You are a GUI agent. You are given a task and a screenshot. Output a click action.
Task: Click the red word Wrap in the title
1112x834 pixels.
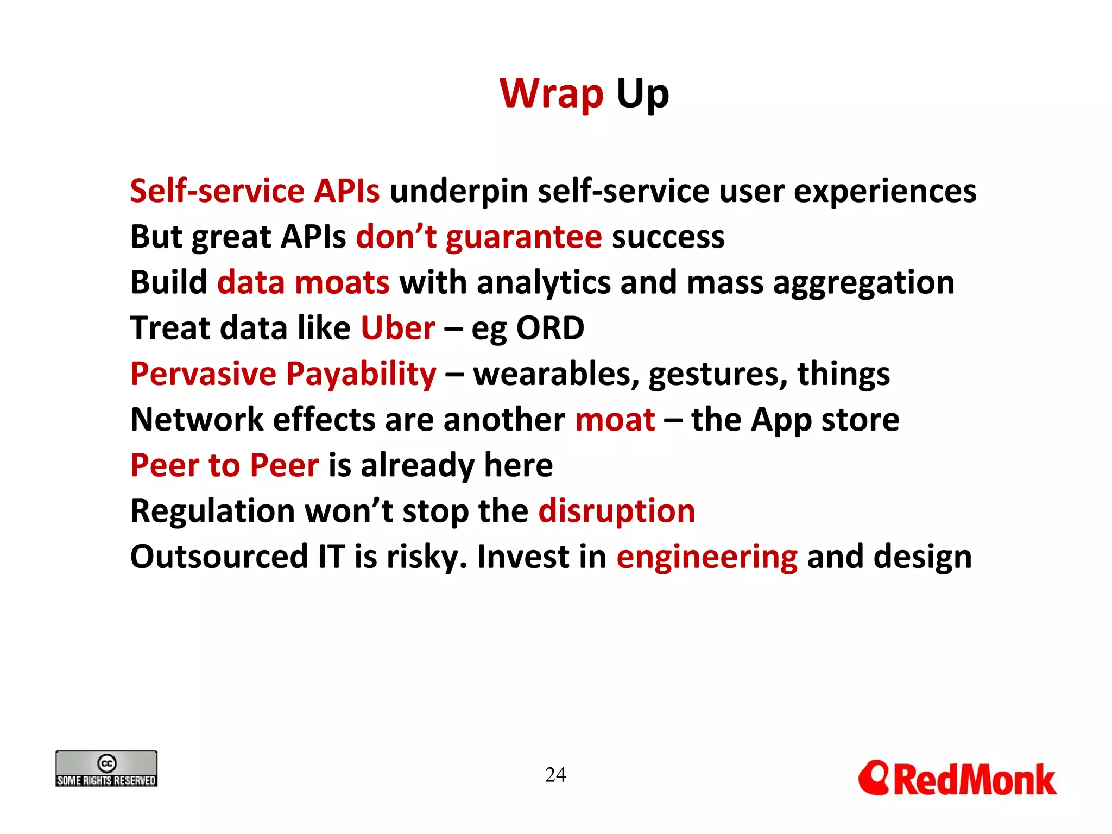click(x=551, y=94)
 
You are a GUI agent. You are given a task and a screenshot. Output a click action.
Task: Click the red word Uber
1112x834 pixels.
click(x=398, y=328)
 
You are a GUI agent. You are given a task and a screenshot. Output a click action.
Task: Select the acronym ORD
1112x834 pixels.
click(x=549, y=328)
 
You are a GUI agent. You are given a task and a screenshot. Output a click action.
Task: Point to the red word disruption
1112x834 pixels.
click(x=616, y=511)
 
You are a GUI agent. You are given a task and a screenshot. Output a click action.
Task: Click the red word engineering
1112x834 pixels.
click(x=707, y=558)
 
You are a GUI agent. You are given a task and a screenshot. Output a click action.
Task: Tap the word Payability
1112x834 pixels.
click(x=361, y=375)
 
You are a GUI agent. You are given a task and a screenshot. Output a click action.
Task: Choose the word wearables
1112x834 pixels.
click(x=556, y=375)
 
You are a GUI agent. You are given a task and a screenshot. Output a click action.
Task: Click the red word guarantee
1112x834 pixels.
click(x=524, y=237)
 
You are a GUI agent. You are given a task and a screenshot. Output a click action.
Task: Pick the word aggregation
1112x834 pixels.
click(x=863, y=283)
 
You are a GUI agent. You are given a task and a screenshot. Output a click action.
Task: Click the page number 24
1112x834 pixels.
click(x=555, y=775)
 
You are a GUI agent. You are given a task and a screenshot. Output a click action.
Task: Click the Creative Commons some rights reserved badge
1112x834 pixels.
click(x=106, y=769)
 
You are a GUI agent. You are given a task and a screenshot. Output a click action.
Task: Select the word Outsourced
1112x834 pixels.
click(x=219, y=557)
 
